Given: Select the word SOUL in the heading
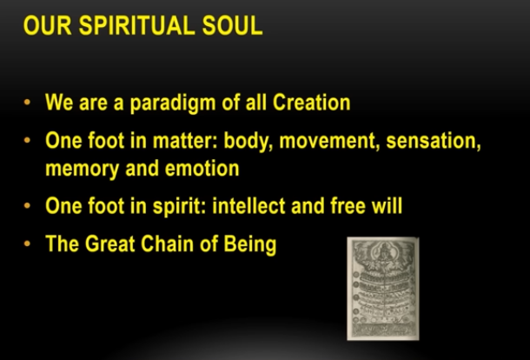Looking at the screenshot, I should pyautogui.click(x=230, y=25).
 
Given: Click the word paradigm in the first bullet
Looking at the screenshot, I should pyautogui.click(x=162, y=103).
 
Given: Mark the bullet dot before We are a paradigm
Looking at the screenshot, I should pyautogui.click(x=28, y=103).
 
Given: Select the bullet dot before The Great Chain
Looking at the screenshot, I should pyautogui.click(x=28, y=244).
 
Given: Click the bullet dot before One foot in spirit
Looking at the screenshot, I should pyautogui.click(x=28, y=207).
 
